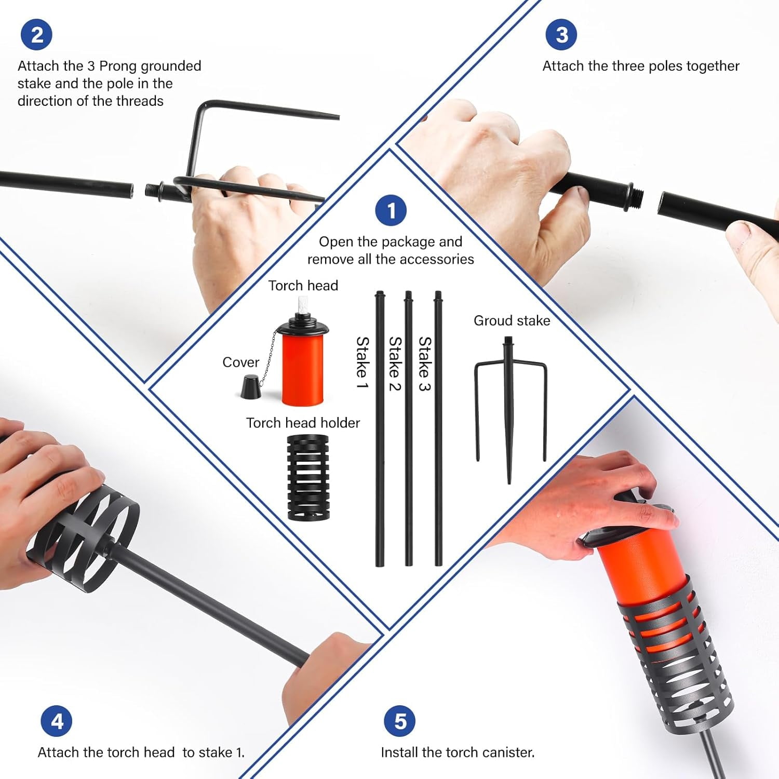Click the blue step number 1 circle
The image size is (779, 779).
[391, 210]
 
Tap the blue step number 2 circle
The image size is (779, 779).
[36, 35]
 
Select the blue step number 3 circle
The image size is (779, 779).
[561, 35]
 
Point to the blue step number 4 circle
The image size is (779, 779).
[57, 721]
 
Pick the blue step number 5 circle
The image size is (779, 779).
[400, 721]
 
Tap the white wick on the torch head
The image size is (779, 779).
[302, 309]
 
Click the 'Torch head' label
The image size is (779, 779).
[303, 286]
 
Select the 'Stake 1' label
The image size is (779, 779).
[362, 363]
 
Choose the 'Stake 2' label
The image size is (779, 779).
[395, 364]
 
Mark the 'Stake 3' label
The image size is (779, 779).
[425, 364]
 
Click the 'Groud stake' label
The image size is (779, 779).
[512, 320]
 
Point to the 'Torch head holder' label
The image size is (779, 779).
[303, 423]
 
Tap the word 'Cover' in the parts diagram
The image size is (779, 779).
[240, 362]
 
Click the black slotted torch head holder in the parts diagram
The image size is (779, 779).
[308, 477]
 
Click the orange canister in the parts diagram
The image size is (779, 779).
[303, 369]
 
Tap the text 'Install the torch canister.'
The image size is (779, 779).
[458, 753]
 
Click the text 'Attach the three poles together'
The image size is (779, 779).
[641, 66]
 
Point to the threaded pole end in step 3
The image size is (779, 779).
[637, 197]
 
